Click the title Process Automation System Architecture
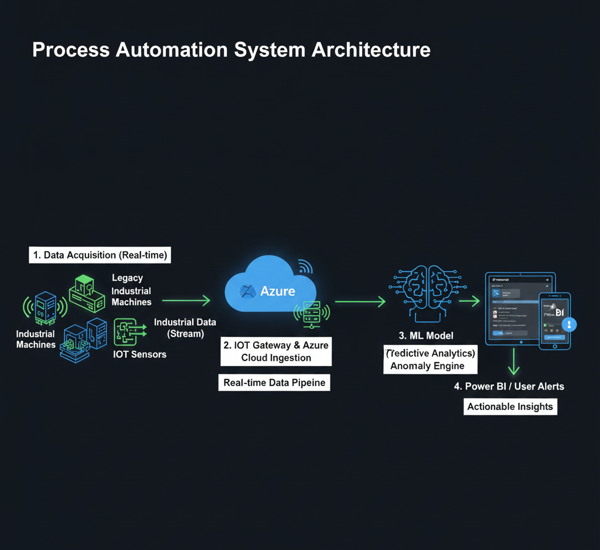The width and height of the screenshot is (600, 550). coord(231,50)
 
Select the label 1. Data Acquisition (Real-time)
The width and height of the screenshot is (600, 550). coord(100,255)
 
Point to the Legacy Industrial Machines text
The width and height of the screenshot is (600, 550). coord(131,290)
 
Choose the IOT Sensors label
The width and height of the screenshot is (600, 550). coord(139,354)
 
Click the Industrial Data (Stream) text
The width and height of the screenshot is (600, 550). coord(185,328)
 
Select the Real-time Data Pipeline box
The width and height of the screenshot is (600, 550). coord(274,383)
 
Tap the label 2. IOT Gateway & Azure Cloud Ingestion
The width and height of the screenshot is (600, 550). coord(276,351)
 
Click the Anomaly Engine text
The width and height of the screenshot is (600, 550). coord(427,366)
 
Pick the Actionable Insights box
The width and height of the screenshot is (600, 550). coord(510,406)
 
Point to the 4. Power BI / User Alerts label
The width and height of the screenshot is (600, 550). coord(509,387)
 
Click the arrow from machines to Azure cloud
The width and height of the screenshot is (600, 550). coord(186,300)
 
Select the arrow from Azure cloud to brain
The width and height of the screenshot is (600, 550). coord(360,302)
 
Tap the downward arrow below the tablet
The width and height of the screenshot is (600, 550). coord(514,361)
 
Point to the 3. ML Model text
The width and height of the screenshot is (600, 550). coord(427,336)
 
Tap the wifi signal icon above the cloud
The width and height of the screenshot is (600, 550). coord(305,267)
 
